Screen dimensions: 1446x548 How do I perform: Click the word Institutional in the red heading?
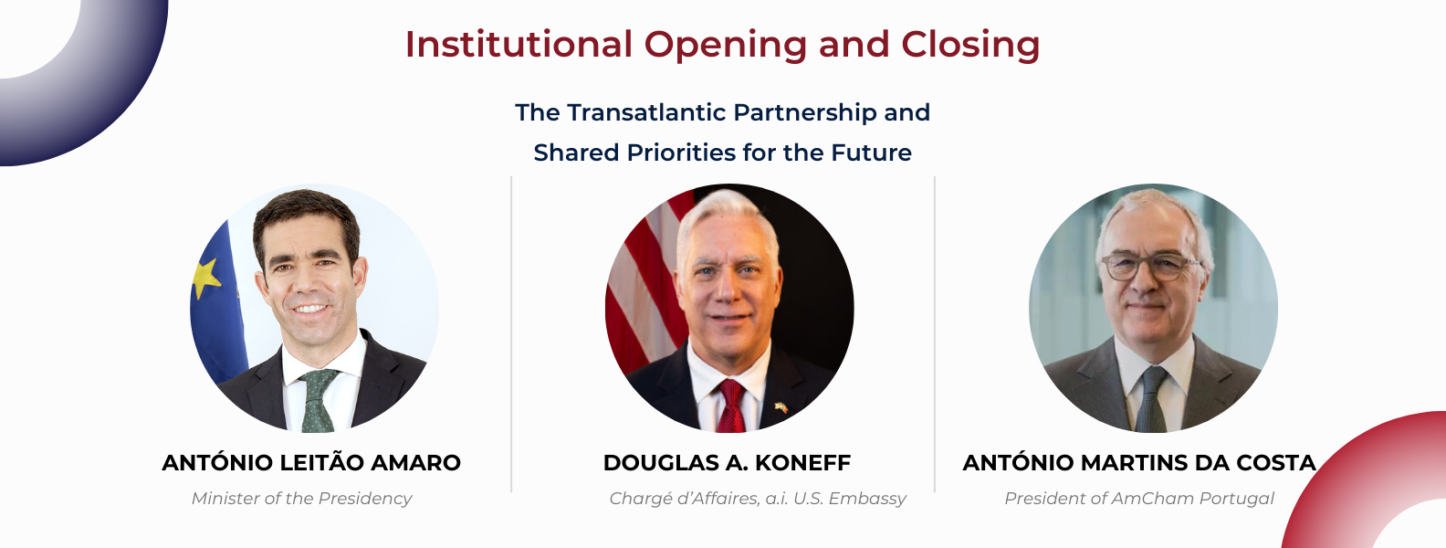tap(519, 45)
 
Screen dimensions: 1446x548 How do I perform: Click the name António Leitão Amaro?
tap(311, 462)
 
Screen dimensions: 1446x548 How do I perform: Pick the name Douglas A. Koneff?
tap(727, 463)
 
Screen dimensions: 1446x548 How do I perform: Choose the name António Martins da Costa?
tap(1138, 462)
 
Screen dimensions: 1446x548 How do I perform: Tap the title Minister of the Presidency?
tap(301, 499)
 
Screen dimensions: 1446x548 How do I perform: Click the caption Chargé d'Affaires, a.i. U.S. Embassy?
tap(758, 499)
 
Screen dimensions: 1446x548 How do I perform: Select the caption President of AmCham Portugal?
tap(1139, 499)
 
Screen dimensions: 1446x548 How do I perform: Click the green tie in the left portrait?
tap(318, 401)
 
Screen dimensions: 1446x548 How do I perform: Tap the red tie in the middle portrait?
tap(730, 406)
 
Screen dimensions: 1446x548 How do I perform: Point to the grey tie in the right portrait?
tap(1151, 399)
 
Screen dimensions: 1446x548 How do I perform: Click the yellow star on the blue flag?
tap(206, 278)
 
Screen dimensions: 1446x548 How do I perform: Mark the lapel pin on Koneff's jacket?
tap(781, 407)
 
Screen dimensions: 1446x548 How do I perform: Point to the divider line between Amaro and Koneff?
tap(511, 334)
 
